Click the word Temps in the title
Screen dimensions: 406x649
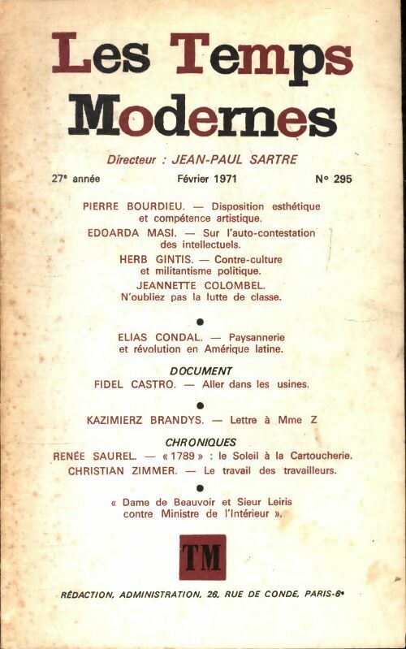click(261, 58)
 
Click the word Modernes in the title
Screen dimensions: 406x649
click(202, 116)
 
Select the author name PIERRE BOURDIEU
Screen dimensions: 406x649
click(130, 206)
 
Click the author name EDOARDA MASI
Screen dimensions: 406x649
click(124, 232)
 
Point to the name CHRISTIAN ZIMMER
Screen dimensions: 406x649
click(130, 470)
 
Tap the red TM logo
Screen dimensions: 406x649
click(203, 556)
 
